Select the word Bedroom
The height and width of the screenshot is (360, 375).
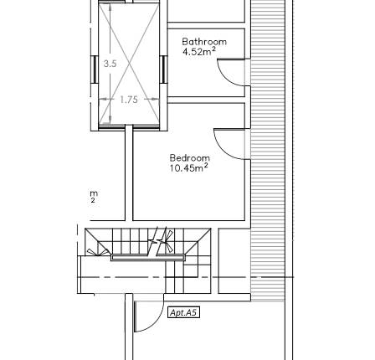coord(189,157)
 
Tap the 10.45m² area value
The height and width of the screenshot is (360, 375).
coord(189,167)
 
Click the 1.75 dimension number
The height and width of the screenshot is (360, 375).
coord(128,99)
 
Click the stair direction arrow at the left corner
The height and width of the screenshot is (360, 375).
coord(97,249)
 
